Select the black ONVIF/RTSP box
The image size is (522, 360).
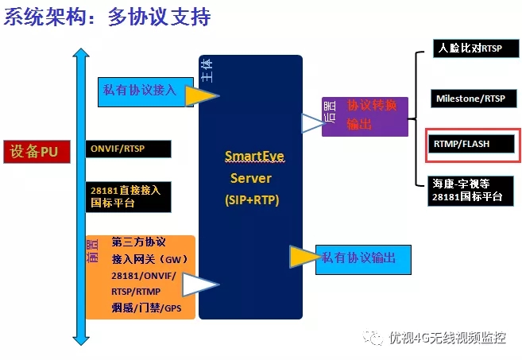tap(128, 149)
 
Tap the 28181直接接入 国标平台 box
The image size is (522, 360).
tap(128, 195)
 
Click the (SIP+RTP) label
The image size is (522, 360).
tap(251, 201)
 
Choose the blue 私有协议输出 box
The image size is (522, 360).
tap(364, 259)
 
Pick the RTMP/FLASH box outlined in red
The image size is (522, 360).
tap(472, 145)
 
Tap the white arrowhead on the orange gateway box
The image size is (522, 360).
tap(200, 285)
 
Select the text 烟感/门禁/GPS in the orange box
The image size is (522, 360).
tap(141, 307)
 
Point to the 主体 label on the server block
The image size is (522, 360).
tap(207, 72)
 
